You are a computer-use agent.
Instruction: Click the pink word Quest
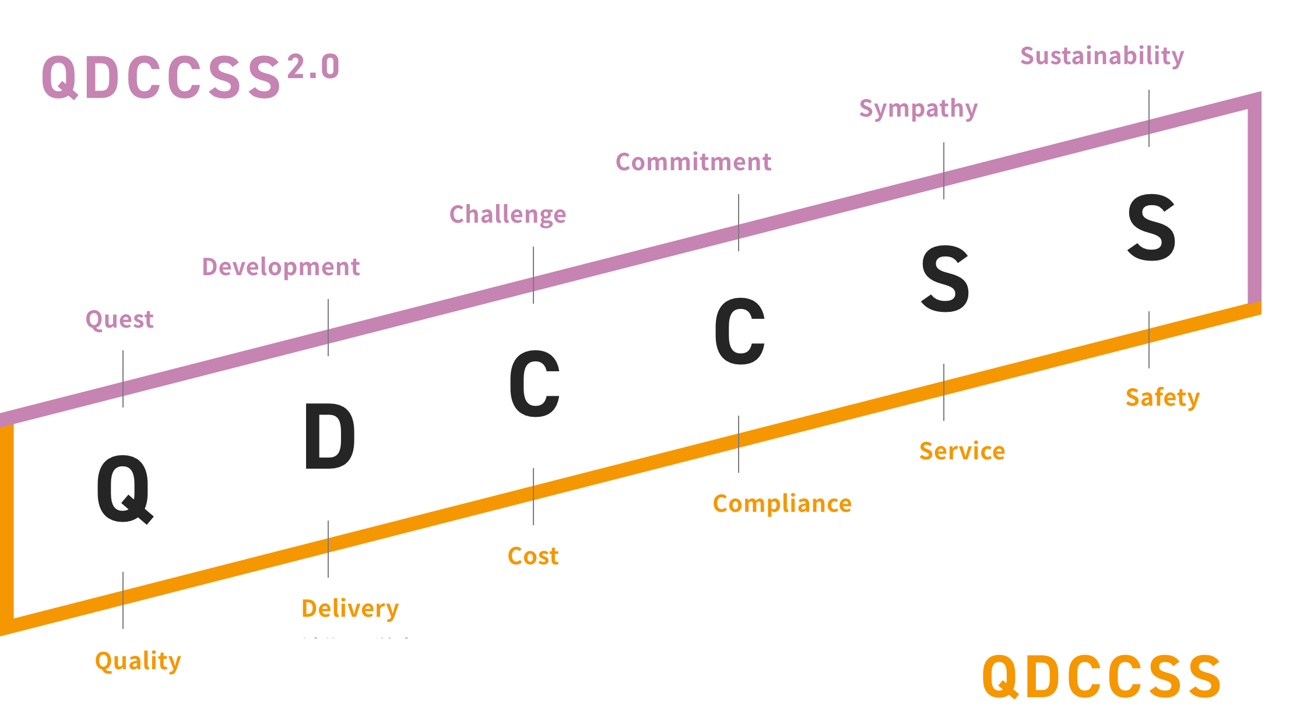[x=120, y=319]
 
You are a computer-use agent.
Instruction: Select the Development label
[x=280, y=267]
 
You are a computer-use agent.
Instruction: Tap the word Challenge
[x=507, y=215]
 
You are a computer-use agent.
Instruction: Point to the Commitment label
[x=693, y=162]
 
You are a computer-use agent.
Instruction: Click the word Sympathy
[x=918, y=109]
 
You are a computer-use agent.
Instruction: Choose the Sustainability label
[x=1102, y=57]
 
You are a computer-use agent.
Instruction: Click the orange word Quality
[x=138, y=661]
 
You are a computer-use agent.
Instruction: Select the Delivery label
[x=350, y=609]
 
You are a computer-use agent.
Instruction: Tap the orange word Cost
[x=533, y=556]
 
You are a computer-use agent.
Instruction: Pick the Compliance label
[x=782, y=504]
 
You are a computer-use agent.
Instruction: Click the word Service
[x=962, y=451]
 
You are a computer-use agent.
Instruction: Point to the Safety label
[x=1162, y=398]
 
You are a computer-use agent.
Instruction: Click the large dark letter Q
[x=124, y=488]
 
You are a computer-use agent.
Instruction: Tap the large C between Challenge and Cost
[x=534, y=384]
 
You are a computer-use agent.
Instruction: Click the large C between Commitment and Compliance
[x=739, y=331]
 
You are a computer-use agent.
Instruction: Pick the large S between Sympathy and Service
[x=945, y=278]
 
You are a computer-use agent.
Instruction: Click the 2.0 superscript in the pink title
[x=313, y=66]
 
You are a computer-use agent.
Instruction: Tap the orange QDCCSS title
[x=1101, y=676]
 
